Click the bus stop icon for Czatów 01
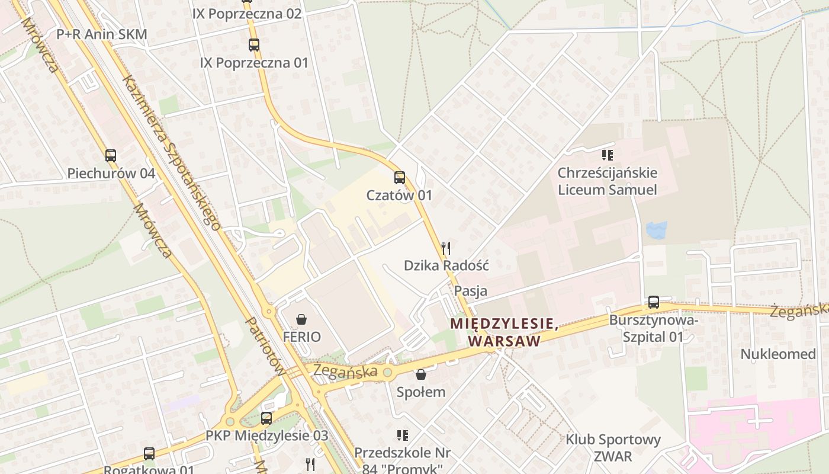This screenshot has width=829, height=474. pyautogui.click(x=400, y=177)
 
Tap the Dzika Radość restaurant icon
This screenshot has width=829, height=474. pyautogui.click(x=446, y=248)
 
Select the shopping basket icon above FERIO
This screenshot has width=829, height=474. pyautogui.click(x=301, y=320)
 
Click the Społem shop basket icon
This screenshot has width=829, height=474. pyautogui.click(x=420, y=374)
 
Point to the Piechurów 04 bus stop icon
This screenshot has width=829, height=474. pyautogui.click(x=111, y=156)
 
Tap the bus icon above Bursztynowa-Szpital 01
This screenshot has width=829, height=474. pyautogui.click(x=653, y=302)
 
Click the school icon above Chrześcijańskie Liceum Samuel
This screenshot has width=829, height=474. pyautogui.click(x=607, y=155)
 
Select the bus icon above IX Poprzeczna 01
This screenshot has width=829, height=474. pyautogui.click(x=254, y=44)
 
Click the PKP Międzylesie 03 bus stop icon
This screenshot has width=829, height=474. pyautogui.click(x=266, y=418)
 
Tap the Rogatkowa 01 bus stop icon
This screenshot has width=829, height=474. pyautogui.click(x=149, y=454)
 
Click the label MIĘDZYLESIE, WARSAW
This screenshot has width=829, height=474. pyautogui.click(x=504, y=332)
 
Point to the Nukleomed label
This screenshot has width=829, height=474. pyautogui.click(x=778, y=354)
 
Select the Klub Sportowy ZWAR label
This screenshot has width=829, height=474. pyautogui.click(x=613, y=448)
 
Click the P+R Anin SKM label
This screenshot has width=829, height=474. pyautogui.click(x=102, y=34)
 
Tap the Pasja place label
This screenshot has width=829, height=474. pyautogui.click(x=471, y=291)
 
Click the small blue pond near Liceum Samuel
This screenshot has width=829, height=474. pyautogui.click(x=657, y=230)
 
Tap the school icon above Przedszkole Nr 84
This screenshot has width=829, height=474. pyautogui.click(x=403, y=435)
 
